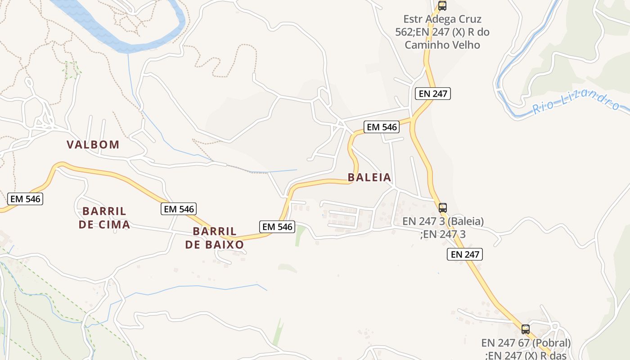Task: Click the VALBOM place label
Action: (x=93, y=145)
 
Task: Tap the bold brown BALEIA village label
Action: (x=369, y=177)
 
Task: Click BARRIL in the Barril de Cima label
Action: (x=104, y=211)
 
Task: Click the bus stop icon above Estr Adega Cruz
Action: (x=442, y=6)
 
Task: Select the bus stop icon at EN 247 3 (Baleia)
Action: (x=443, y=208)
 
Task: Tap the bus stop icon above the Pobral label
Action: (x=526, y=329)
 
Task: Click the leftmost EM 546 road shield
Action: (x=25, y=198)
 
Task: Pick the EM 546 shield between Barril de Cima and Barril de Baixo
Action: (x=179, y=209)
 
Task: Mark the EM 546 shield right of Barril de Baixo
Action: (x=278, y=227)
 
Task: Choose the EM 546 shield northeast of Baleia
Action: (x=382, y=127)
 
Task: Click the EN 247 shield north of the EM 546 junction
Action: (x=433, y=94)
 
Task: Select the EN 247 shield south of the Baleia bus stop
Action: (x=465, y=254)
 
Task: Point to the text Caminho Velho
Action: (x=442, y=45)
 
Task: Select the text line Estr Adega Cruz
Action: (x=442, y=19)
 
